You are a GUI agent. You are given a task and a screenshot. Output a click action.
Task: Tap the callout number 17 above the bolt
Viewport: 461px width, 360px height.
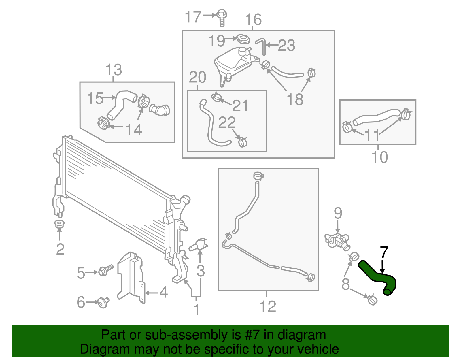(192, 17)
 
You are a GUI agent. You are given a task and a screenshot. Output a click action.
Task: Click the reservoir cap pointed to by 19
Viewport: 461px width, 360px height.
(243, 39)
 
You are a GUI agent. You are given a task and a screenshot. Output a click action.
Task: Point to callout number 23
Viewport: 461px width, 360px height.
(286, 46)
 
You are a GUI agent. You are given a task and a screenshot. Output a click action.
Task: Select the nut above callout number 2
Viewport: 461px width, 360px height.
(59, 224)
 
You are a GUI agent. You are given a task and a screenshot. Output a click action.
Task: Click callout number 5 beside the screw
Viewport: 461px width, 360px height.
(81, 273)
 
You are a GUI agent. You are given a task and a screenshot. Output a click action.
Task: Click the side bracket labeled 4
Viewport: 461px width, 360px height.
(131, 277)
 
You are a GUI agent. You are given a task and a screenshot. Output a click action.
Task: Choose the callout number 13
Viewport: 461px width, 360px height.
(114, 70)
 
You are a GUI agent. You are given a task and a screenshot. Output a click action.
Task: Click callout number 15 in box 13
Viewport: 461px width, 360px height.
(95, 98)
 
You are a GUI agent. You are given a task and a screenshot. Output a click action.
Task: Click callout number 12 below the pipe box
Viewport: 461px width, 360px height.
(268, 306)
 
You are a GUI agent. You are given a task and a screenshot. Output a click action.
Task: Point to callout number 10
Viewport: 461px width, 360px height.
(379, 157)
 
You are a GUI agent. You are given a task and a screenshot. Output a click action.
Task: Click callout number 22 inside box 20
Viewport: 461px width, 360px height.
(227, 122)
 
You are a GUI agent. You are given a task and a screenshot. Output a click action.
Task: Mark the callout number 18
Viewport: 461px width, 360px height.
(295, 99)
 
